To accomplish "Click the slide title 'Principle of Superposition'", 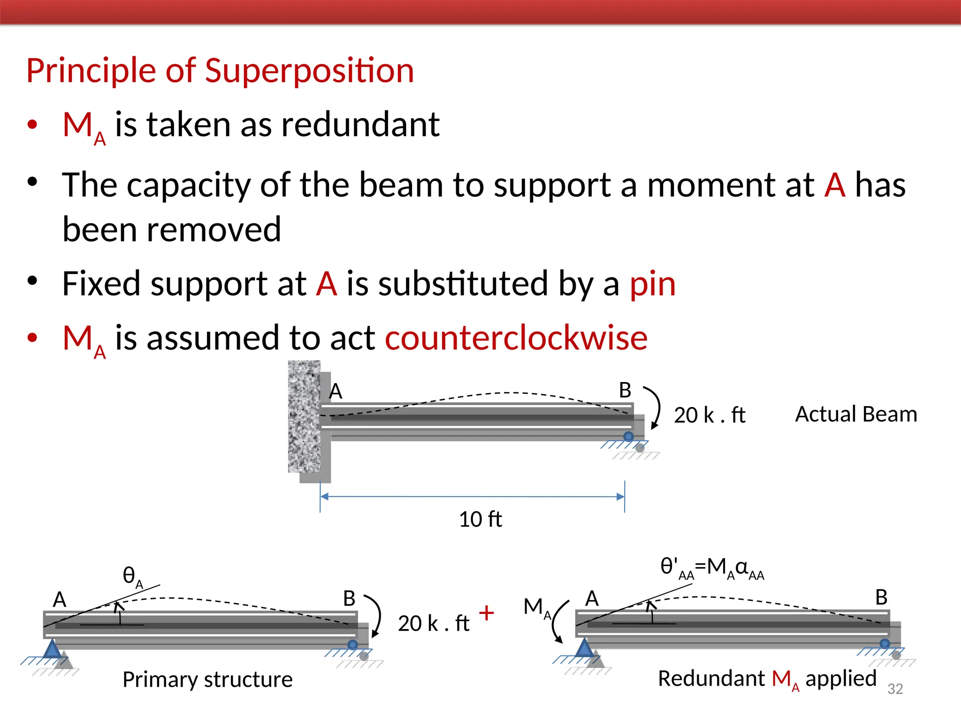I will pos(220,70).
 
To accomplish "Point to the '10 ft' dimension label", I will pos(480,519).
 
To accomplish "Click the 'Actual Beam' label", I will pos(856,414).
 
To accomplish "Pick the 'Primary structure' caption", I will pos(207,679).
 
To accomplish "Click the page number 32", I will pos(895,689).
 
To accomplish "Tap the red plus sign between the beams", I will pos(487,613).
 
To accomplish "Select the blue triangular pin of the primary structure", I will pos(52,650).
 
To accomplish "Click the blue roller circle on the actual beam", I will pos(628,437).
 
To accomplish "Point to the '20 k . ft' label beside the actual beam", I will pos(709,415).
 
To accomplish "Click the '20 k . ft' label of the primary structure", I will pos(434,623).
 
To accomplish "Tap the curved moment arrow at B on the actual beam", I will pos(655,407).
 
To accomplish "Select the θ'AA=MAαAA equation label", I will pos(712,568).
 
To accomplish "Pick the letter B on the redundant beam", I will pos(881,598).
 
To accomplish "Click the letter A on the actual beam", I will pos(336,391).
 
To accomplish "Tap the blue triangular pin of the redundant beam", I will pos(584,649).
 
